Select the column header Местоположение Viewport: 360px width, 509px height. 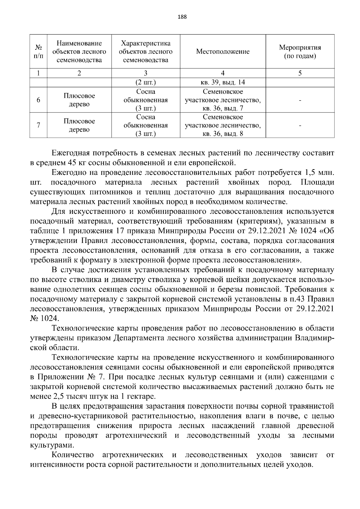point(223,52)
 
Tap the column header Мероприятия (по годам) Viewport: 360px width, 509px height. point(300,52)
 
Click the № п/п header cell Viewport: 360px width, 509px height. point(38,52)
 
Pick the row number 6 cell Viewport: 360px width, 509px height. point(38,100)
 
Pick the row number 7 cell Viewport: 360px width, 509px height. point(38,125)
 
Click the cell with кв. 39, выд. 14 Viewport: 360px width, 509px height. point(223,82)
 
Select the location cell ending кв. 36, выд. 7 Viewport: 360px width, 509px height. point(223,100)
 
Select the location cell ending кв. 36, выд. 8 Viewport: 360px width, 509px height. point(223,125)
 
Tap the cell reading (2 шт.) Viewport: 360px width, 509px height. point(145,82)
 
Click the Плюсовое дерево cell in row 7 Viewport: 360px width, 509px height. point(79,125)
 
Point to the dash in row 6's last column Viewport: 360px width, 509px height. point(300,100)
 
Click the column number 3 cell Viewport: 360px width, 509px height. point(145,73)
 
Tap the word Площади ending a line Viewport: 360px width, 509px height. point(317,182)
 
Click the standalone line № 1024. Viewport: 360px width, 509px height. point(45,318)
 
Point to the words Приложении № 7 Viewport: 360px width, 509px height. point(66,377)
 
